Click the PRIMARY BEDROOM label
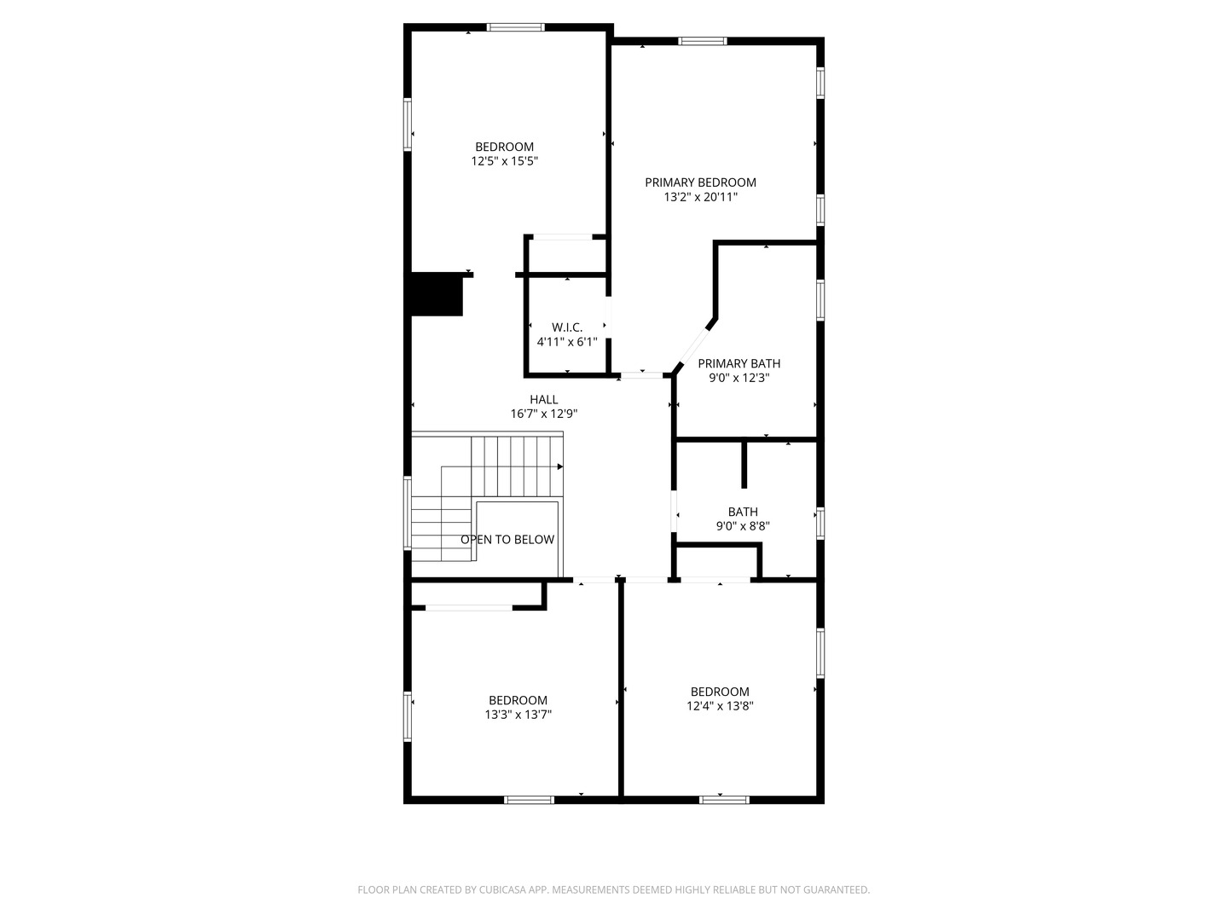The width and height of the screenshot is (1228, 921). (700, 182)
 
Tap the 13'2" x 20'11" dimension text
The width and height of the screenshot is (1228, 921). (700, 197)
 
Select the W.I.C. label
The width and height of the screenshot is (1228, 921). (567, 327)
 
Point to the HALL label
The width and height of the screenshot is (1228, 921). (543, 399)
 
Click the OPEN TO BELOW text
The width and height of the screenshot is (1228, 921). (507, 539)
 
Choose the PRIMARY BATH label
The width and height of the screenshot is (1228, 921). (739, 363)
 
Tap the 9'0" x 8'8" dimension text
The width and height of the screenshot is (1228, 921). (743, 525)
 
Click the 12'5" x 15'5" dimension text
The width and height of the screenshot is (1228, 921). (504, 161)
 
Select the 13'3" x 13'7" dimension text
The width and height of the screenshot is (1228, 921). (518, 714)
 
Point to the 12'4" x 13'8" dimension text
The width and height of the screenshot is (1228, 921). (720, 706)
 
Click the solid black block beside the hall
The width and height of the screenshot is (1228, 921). (437, 295)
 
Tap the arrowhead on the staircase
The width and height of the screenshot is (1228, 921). (560, 466)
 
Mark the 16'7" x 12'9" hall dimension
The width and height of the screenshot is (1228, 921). (543, 414)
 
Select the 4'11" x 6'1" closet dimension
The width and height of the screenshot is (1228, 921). (567, 342)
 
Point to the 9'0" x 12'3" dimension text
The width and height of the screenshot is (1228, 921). (739, 378)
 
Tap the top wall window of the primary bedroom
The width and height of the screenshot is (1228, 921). (703, 41)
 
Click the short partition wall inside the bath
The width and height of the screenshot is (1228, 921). (744, 465)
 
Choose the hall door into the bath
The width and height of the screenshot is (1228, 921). (675, 512)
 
